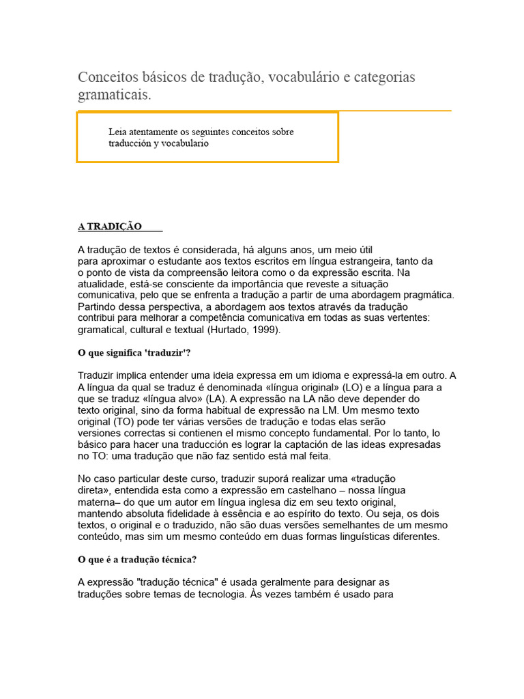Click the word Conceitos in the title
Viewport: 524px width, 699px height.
click(107, 77)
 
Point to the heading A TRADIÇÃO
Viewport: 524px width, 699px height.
click(110, 227)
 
